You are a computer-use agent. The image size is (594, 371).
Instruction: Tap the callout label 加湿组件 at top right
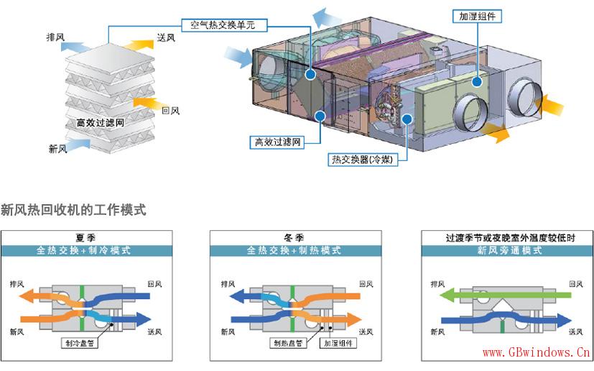click(477, 15)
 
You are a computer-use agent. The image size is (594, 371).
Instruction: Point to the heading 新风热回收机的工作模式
click(74, 210)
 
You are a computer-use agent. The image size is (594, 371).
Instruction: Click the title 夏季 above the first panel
click(86, 237)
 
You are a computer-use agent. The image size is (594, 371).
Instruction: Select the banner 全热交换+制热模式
click(294, 251)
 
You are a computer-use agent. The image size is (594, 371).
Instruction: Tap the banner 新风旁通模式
click(508, 251)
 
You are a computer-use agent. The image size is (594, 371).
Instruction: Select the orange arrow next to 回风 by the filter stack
click(145, 104)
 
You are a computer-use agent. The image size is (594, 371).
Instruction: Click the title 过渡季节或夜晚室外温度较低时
click(508, 237)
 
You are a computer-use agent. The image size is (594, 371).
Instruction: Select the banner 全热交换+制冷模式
click(86, 251)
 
